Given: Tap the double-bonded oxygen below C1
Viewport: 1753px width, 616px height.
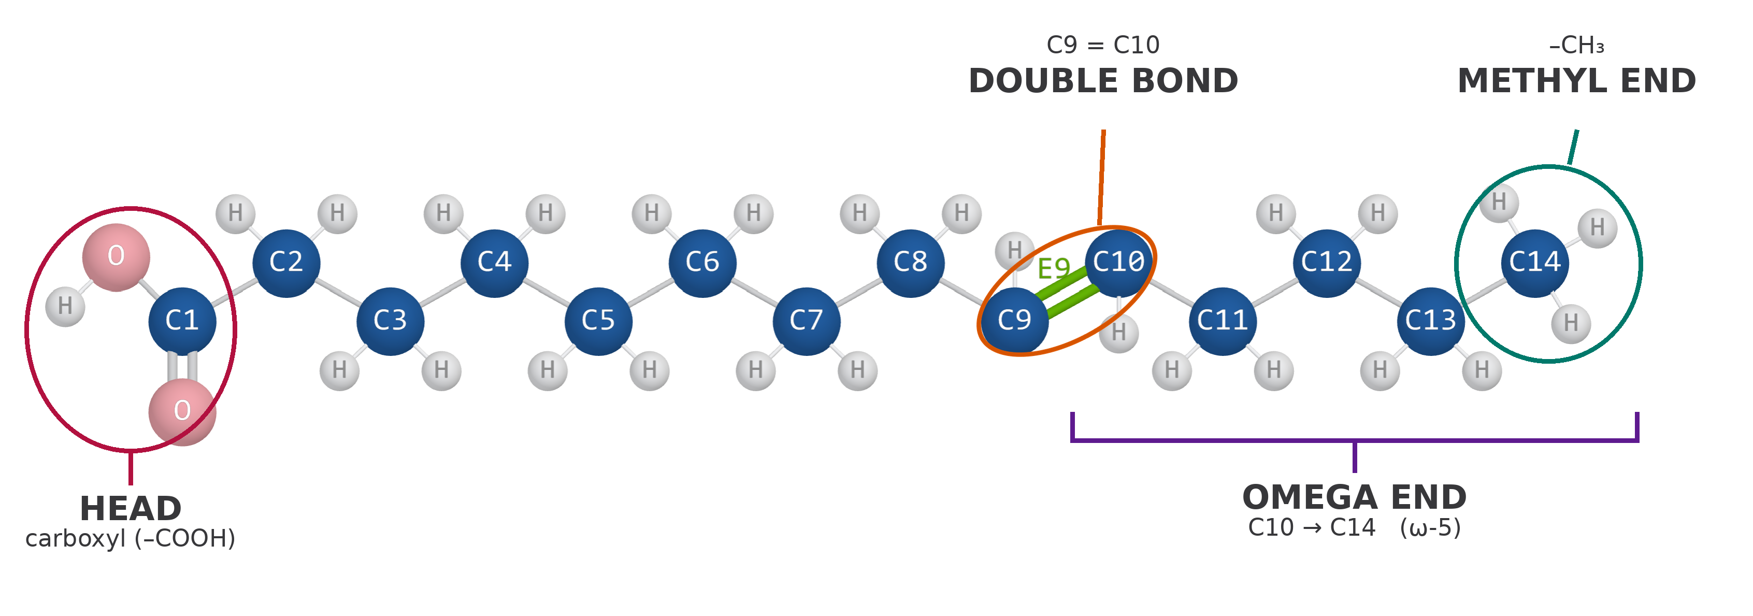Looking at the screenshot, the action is tap(182, 412).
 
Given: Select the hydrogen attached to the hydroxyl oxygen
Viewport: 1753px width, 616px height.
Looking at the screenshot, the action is tap(65, 306).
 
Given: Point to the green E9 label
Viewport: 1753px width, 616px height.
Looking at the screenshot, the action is tap(1054, 269).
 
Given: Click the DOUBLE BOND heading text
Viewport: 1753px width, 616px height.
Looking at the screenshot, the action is tap(1103, 81).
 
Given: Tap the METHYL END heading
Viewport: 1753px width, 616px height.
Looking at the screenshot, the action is tap(1577, 81).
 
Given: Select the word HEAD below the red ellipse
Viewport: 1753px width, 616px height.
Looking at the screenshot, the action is tap(131, 508).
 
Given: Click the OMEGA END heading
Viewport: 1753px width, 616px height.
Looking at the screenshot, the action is tap(1354, 497).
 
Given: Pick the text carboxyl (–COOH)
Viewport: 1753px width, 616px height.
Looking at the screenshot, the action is tap(131, 538).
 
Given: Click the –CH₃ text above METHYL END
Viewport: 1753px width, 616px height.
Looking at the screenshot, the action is tap(1577, 46).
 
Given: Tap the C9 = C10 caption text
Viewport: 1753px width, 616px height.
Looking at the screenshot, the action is tap(1103, 45).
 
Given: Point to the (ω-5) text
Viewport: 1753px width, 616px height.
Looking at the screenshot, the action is tap(1430, 528).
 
